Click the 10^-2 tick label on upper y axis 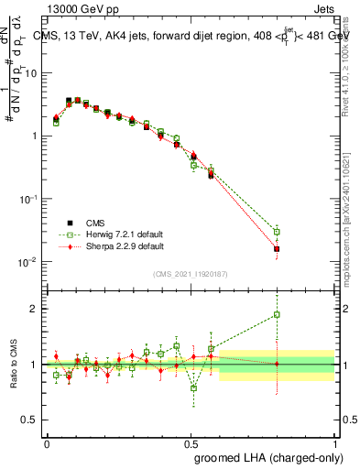coord(28,263)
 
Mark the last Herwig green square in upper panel coord(277,232)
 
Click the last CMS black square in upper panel coord(277,248)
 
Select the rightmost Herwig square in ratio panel coord(277,314)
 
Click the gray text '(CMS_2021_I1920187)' coord(191,274)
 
